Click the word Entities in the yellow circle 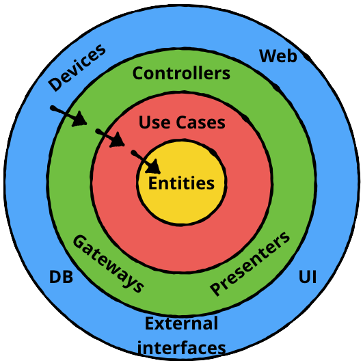tap(181, 183)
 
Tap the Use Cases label tap(182, 122)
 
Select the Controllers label tap(181, 73)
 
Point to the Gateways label tap(108, 263)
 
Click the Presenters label tap(250, 263)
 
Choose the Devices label tap(77, 68)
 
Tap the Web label tap(278, 56)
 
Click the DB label tap(61, 277)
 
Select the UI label tap(308, 277)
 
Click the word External tap(181, 323)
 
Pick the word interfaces tap(182, 348)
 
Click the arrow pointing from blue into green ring tap(68, 116)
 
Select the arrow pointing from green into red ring tap(110, 138)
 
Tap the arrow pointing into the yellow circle tap(146, 162)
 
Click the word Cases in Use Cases tap(201, 122)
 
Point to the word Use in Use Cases tap(154, 122)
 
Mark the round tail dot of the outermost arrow tap(53, 108)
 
